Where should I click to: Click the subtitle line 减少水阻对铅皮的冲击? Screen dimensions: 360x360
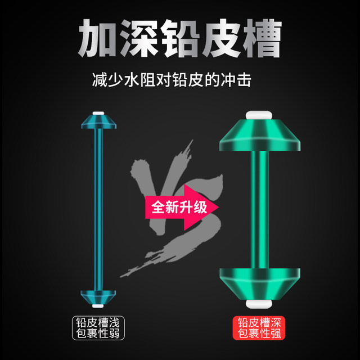(172, 80)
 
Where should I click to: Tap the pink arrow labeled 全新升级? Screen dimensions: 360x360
(182, 208)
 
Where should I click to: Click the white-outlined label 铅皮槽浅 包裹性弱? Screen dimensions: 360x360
(98, 328)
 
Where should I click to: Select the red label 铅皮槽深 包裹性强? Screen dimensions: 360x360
(259, 328)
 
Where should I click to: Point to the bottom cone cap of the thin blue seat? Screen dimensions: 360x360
(98, 298)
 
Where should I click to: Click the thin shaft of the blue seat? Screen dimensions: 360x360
(98, 209)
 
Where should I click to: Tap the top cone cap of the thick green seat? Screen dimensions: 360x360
(260, 135)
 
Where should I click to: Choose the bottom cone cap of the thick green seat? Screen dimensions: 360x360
(260, 284)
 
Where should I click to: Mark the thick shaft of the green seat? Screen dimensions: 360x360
(260, 209)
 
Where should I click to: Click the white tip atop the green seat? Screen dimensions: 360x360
(259, 115)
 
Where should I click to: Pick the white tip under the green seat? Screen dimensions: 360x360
(259, 304)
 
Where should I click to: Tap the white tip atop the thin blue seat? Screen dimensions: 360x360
(98, 113)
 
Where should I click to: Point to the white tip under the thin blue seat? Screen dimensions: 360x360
(98, 306)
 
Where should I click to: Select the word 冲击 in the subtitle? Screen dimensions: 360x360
(236, 80)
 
